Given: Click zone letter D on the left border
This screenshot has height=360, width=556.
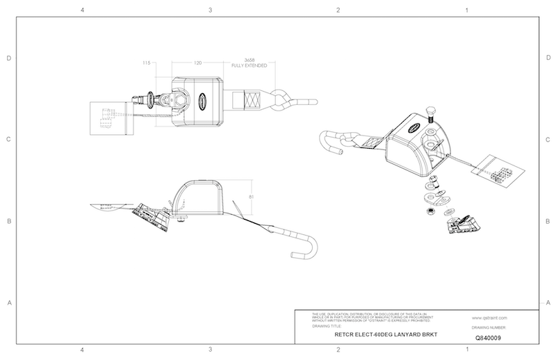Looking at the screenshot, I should tap(9, 58).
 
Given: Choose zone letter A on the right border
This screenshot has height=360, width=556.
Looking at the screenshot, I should tap(548, 303).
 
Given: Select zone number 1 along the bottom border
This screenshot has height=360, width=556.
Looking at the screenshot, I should tap(467, 349).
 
